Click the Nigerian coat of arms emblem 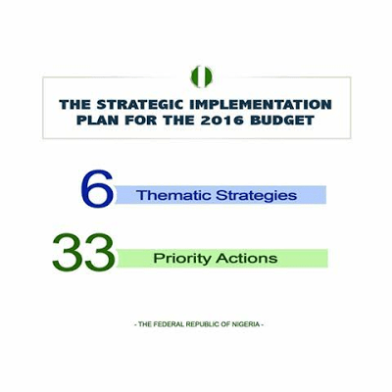[x=200, y=76]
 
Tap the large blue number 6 [x=96, y=189]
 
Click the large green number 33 [x=83, y=254]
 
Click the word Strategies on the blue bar [x=257, y=195]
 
